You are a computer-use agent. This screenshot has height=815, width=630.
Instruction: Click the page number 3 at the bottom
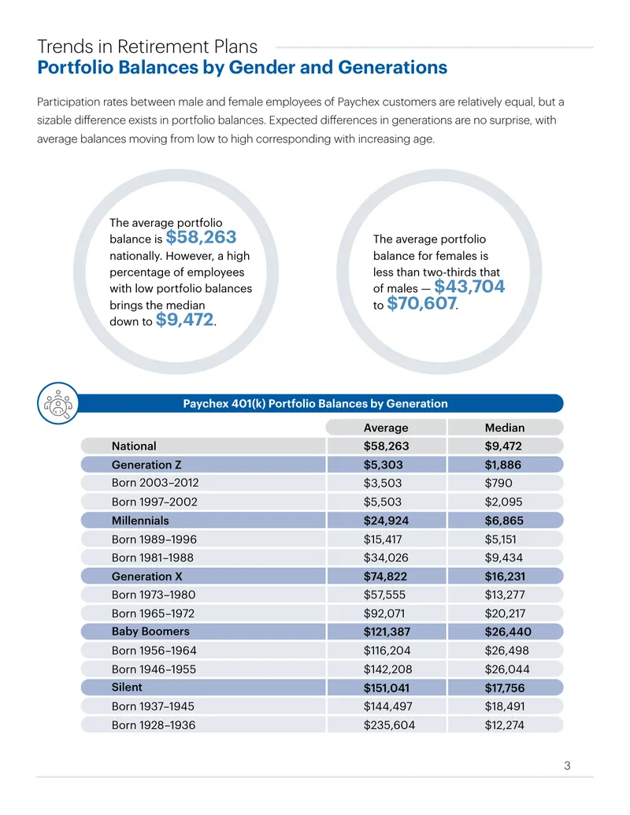point(567,765)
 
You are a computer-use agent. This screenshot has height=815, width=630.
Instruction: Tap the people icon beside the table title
point(58,403)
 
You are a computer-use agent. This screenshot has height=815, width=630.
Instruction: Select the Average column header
point(386,428)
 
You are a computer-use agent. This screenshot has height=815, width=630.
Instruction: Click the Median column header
point(504,428)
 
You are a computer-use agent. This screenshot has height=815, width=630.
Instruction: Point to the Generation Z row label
point(146,465)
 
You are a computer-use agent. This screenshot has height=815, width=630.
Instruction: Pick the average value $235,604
point(389,725)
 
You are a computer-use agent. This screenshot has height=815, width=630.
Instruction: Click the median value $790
point(498,483)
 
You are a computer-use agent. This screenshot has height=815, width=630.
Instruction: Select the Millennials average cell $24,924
point(386,520)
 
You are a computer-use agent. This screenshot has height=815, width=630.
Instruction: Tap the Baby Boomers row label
point(150,632)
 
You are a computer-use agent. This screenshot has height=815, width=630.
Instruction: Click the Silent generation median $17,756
point(505,687)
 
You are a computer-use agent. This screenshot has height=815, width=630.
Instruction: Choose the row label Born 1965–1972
point(153,613)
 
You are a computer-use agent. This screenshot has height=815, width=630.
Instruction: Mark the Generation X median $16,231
point(505,576)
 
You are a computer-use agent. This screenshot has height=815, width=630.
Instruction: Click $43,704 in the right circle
point(469,287)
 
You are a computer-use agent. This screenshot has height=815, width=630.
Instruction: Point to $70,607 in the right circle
point(421,303)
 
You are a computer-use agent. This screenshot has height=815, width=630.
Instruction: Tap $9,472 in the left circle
point(184,320)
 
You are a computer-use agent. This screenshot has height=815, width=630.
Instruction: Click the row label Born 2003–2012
point(155,483)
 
